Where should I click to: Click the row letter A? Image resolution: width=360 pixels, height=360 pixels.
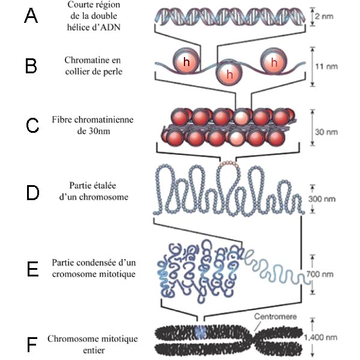point(31,16)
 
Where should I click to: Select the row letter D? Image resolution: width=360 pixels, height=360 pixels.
point(32,193)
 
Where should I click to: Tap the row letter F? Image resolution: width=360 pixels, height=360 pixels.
point(32,344)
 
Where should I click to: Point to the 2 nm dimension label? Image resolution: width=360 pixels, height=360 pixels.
point(324,16)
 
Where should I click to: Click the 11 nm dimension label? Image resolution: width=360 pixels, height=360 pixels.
point(326,67)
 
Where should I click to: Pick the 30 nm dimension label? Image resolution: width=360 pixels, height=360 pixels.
point(326,132)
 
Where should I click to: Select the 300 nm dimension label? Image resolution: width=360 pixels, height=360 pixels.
point(322,199)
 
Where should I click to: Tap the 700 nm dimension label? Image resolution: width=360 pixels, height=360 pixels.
point(320,274)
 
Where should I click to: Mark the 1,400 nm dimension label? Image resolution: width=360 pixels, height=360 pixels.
point(320,338)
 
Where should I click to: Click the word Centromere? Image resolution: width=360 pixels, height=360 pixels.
point(275,317)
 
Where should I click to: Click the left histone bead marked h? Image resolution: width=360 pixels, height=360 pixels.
point(186,61)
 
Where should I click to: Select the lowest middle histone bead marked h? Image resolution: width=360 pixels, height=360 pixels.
point(229,74)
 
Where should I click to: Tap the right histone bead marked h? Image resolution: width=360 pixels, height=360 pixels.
point(273,61)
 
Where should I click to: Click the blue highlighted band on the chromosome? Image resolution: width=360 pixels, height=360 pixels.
point(200,332)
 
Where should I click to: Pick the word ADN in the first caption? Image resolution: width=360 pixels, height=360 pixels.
point(110,27)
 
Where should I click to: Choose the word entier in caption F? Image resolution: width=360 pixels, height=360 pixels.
point(94,350)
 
